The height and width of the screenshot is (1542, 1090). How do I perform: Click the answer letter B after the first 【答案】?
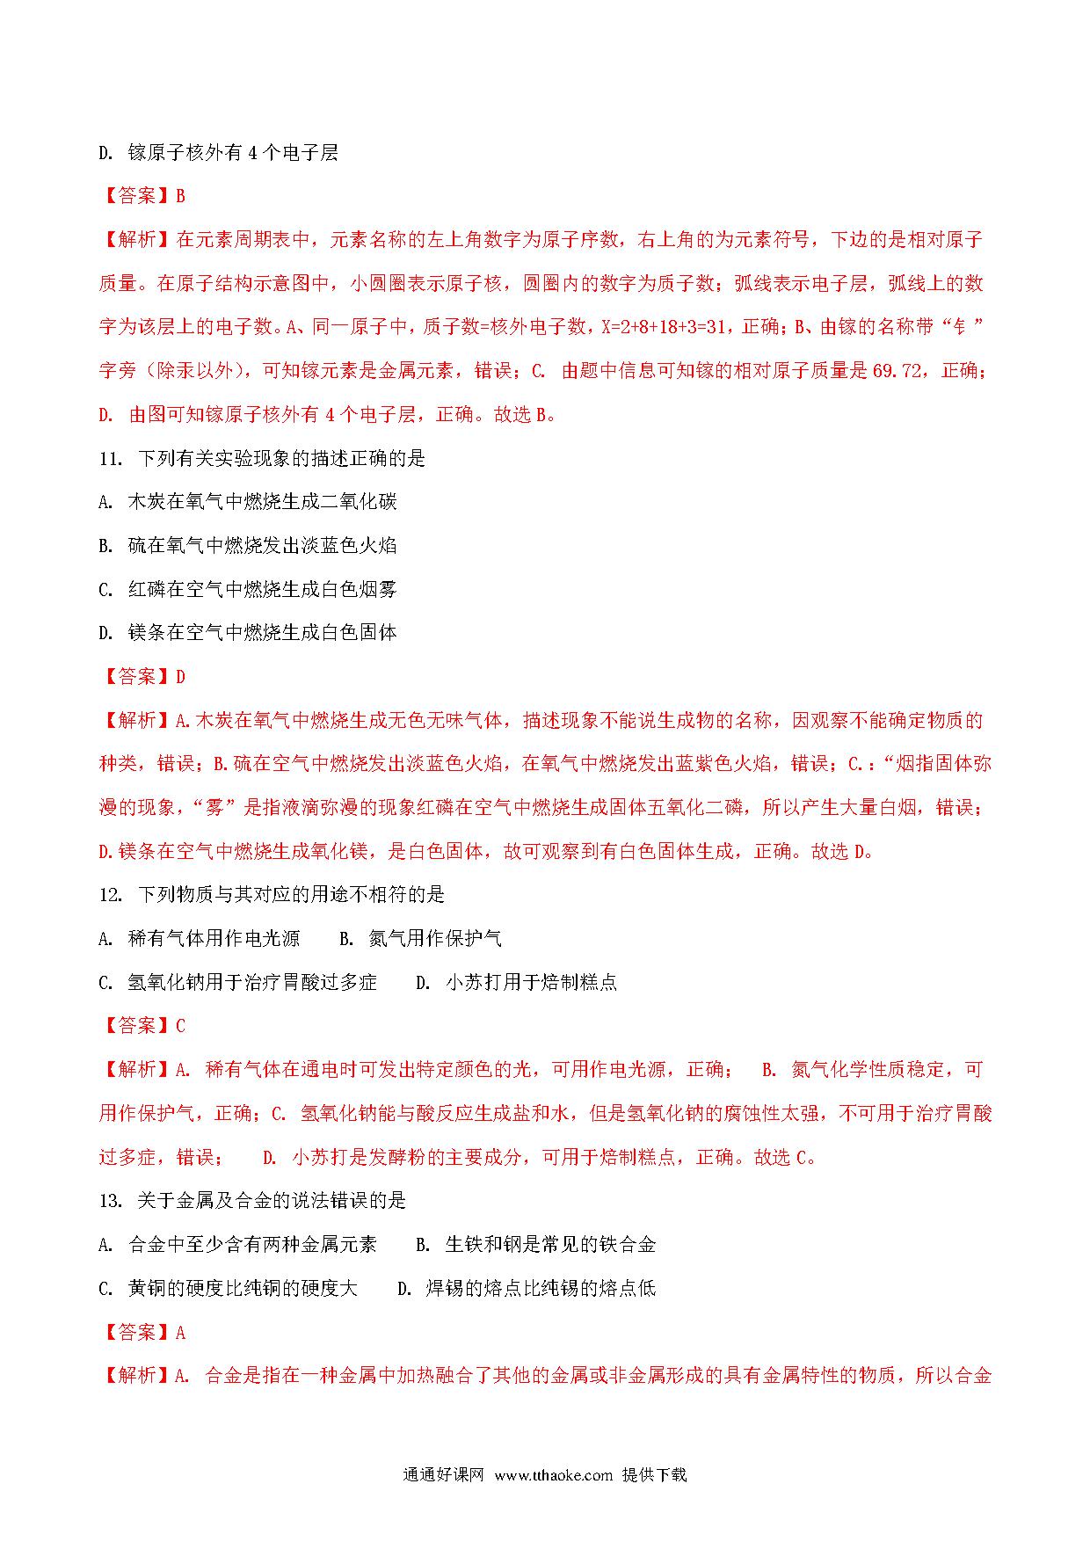[x=181, y=196]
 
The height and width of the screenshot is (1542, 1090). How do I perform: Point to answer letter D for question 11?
[x=181, y=677]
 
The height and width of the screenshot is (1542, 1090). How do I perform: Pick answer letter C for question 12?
[x=181, y=1026]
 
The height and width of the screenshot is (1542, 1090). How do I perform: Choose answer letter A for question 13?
[x=181, y=1333]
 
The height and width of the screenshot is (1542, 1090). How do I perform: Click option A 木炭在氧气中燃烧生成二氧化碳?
[x=248, y=502]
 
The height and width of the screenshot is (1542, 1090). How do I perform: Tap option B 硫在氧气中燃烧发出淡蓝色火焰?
[x=248, y=546]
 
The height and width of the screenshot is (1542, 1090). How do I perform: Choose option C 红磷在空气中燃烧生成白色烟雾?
[x=248, y=589]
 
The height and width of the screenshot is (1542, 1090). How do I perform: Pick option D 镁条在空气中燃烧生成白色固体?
[x=248, y=632]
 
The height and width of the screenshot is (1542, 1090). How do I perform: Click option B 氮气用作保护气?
[x=420, y=939]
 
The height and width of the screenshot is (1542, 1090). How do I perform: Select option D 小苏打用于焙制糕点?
[x=516, y=982]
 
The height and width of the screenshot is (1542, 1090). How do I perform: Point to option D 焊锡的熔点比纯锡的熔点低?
[x=527, y=1289]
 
